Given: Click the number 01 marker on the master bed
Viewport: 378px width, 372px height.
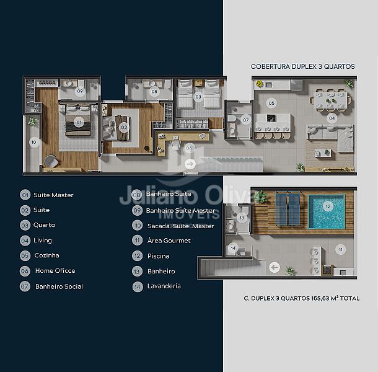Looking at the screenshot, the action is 79,122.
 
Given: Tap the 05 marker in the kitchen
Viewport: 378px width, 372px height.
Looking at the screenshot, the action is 271,104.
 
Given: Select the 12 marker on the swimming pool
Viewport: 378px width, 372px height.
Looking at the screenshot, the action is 328,206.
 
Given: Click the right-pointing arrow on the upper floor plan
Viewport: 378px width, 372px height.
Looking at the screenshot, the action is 190,164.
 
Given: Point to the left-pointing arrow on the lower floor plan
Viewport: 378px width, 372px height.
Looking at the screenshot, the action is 275,267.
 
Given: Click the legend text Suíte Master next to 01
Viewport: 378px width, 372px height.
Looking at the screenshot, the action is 53,195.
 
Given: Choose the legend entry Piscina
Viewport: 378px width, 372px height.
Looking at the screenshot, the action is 158,256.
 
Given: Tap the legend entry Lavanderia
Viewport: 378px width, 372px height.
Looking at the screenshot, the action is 164,286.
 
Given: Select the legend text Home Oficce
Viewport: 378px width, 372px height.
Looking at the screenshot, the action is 55,271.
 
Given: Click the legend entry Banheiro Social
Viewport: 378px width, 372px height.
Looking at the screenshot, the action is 59,286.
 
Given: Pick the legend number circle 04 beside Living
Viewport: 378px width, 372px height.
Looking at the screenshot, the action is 25,241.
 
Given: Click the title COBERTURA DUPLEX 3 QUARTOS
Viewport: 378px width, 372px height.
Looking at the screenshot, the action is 303,66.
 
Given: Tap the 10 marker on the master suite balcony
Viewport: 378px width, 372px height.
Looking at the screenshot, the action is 33,142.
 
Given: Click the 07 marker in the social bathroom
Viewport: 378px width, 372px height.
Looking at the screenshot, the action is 245,120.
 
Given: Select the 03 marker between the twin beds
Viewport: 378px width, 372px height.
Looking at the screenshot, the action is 198,97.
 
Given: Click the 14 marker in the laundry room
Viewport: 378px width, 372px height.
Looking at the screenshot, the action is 233,248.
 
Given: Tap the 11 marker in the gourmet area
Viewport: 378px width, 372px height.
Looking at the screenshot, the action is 340,249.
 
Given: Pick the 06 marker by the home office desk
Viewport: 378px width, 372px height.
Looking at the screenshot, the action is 189,148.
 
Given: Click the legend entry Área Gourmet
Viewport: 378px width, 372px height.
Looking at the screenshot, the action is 169,241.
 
